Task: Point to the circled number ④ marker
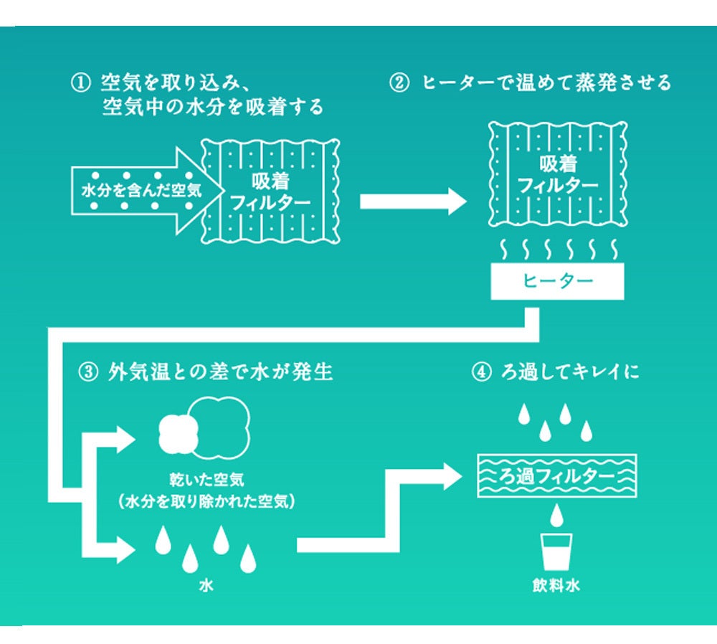click(480, 373)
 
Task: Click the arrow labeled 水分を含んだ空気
click(136, 191)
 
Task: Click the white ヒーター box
click(557, 281)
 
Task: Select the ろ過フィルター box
click(556, 475)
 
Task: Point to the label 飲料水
click(556, 586)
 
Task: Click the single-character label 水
click(206, 586)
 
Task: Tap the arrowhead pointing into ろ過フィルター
click(452, 475)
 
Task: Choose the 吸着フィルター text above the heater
click(557, 175)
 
